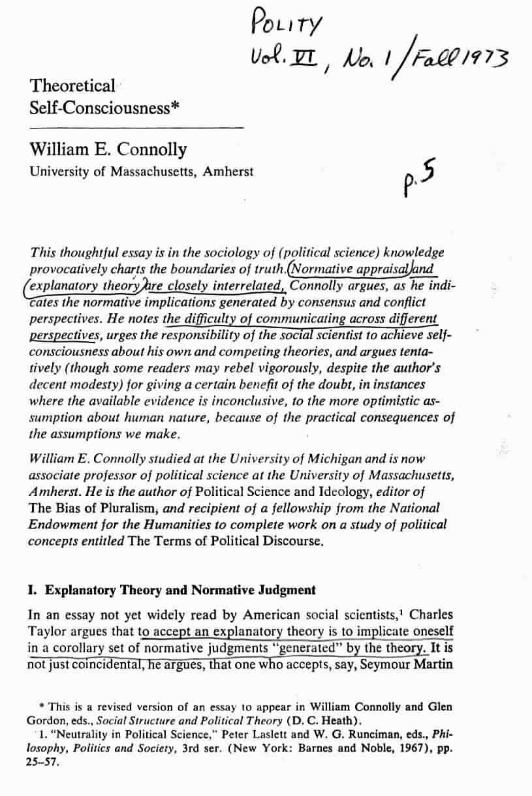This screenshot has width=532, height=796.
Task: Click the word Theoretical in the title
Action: point(72,86)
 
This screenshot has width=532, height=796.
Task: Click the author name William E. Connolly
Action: point(108,150)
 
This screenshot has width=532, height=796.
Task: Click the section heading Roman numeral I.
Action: point(32,590)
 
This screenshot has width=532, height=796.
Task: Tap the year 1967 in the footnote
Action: point(389,748)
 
